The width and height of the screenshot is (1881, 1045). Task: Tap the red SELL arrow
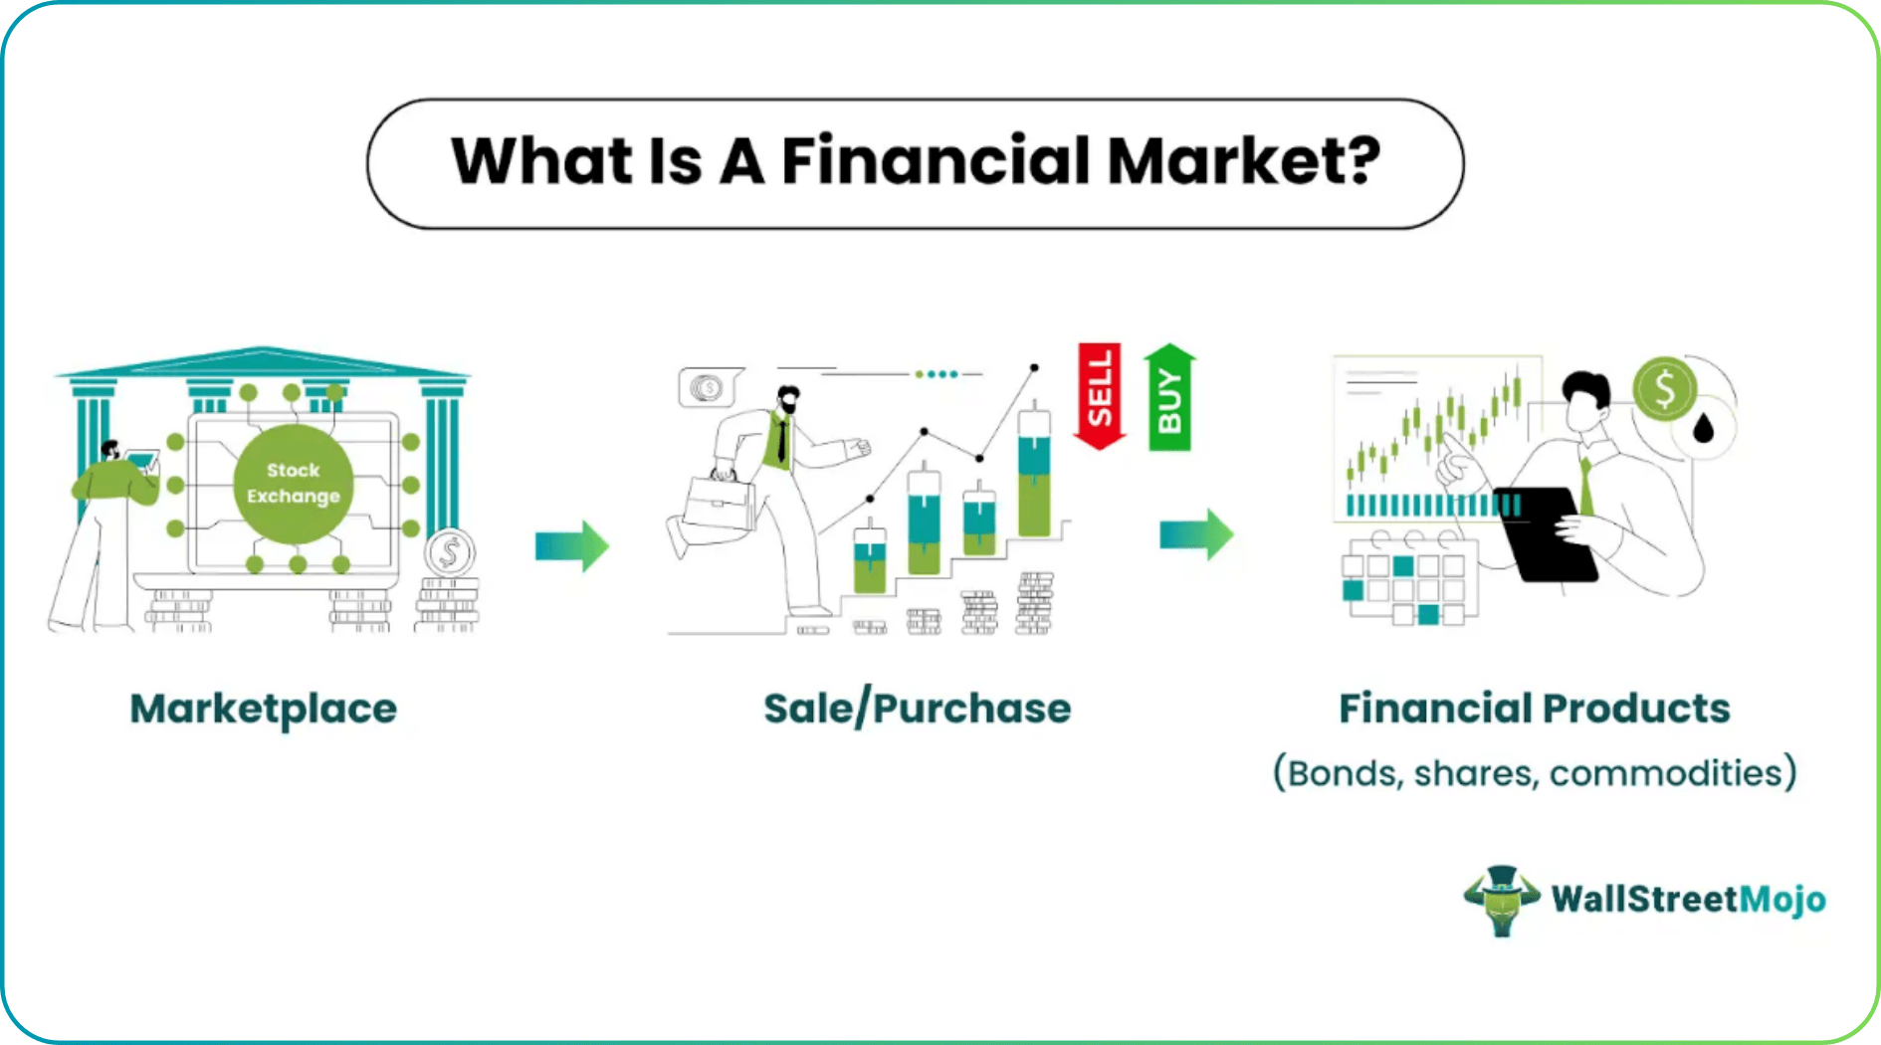[x=1100, y=393]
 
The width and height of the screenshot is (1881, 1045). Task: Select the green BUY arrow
[x=1169, y=396]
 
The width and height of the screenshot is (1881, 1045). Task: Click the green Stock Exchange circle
[x=293, y=484]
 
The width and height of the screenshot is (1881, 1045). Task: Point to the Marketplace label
[x=264, y=709]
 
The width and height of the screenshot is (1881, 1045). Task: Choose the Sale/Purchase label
[x=917, y=709]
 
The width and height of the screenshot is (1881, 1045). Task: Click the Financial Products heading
[x=1534, y=709]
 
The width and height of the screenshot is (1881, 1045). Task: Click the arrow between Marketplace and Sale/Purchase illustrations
[x=571, y=545]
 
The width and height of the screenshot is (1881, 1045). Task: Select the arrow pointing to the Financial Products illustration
[x=1196, y=534]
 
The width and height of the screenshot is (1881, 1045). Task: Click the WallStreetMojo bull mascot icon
[x=1502, y=899]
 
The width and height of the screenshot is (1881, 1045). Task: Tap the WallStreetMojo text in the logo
[x=1688, y=900]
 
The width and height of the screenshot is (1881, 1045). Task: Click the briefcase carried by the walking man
[x=720, y=503]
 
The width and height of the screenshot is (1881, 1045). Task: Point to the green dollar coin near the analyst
[x=1664, y=388]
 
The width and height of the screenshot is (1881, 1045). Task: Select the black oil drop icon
[x=1704, y=429]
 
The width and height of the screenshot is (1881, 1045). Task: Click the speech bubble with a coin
[x=708, y=387]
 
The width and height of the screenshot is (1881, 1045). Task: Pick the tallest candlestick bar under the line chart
[x=1034, y=473]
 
